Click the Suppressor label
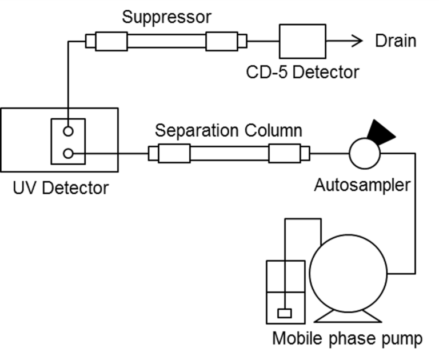(x=166, y=17)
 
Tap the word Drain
(x=396, y=41)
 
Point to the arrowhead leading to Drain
(x=357, y=41)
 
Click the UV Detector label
(x=61, y=187)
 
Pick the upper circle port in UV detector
(x=68, y=131)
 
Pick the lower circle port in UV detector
(x=68, y=153)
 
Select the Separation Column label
(x=229, y=130)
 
